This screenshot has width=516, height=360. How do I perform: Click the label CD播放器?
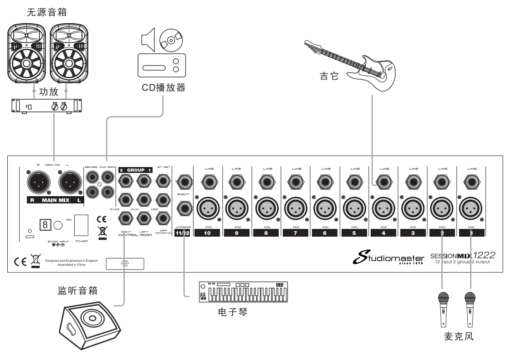point(163,87)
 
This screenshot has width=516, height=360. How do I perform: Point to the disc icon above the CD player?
point(171,40)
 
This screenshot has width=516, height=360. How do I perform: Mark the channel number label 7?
point(296,233)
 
